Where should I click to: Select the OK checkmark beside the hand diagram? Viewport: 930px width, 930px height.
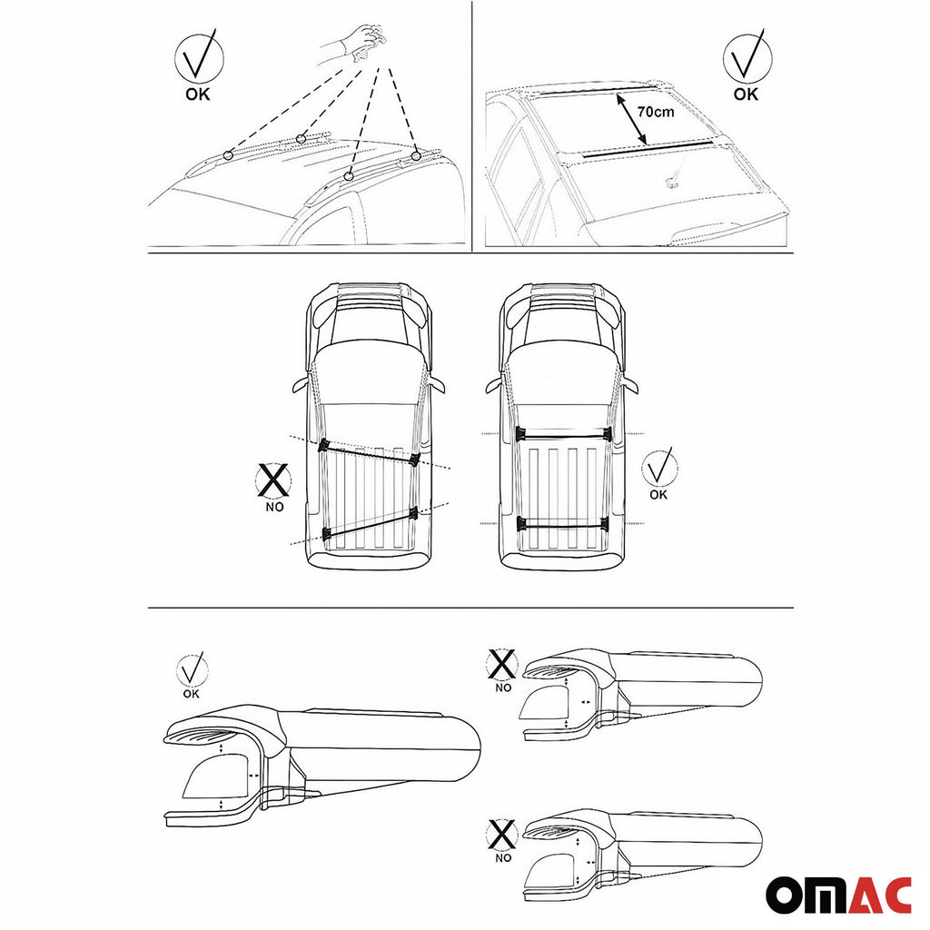point(197,64)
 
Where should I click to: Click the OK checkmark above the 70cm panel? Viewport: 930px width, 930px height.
point(747,64)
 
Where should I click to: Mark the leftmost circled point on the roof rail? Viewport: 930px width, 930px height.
point(228,155)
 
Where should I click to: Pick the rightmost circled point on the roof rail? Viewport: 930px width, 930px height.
point(416,156)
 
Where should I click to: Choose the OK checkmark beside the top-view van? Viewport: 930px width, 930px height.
point(658,469)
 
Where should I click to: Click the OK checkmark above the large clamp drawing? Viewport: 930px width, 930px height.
point(192,671)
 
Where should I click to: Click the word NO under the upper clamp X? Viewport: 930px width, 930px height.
point(503,688)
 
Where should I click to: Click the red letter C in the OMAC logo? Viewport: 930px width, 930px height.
point(894,895)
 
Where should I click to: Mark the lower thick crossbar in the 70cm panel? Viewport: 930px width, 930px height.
point(646,151)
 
